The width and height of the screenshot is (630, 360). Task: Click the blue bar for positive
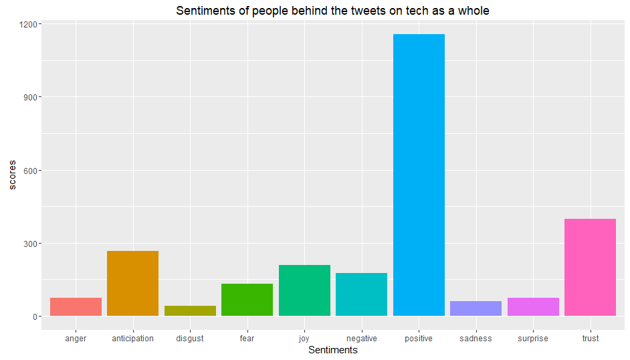(x=419, y=175)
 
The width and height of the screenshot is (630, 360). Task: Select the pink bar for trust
(x=590, y=267)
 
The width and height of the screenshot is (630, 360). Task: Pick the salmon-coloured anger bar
(x=76, y=306)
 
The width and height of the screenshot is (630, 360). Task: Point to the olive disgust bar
(x=190, y=310)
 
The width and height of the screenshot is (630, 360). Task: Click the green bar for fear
(x=247, y=300)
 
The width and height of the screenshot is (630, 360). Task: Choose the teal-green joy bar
(x=304, y=290)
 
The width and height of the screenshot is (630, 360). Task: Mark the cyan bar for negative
(x=361, y=294)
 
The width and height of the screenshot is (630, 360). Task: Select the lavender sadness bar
(x=476, y=308)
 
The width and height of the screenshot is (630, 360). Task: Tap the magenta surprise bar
(x=533, y=306)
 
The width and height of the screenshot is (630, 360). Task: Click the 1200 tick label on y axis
(x=29, y=24)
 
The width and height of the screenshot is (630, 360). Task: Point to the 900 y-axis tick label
(x=31, y=97)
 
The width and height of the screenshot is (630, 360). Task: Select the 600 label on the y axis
(x=31, y=170)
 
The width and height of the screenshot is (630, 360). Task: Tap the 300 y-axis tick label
(x=31, y=243)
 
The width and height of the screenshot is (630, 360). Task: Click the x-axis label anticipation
(x=132, y=339)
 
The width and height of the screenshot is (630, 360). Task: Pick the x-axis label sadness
(x=476, y=339)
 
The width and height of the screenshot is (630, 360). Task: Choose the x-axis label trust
(x=590, y=339)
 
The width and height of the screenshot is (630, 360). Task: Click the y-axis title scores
(x=12, y=175)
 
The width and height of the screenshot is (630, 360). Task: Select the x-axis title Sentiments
(x=332, y=350)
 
